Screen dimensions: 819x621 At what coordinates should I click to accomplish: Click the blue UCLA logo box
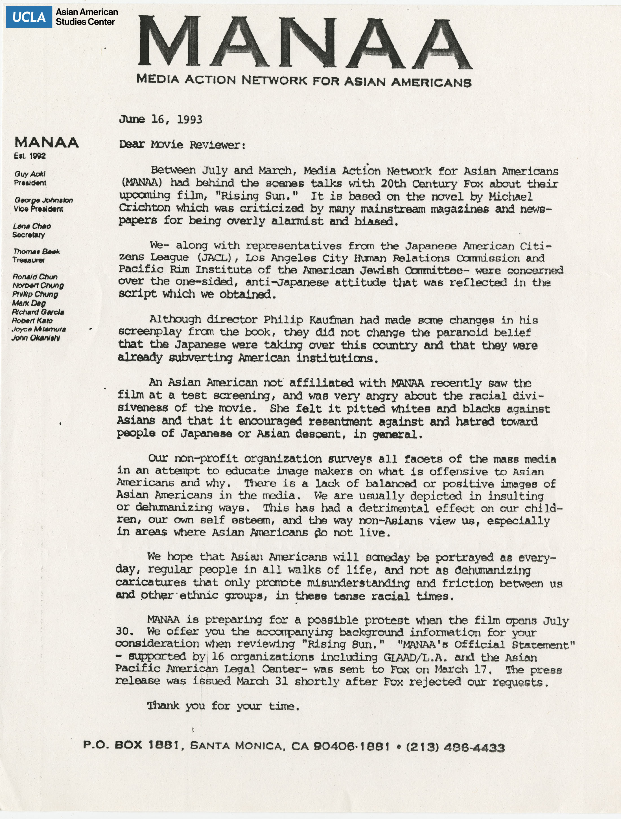pyautogui.click(x=29, y=17)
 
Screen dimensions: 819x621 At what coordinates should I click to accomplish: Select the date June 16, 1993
pyautogui.click(x=160, y=119)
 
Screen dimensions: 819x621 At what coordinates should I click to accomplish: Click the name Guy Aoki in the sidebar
pyautogui.click(x=30, y=174)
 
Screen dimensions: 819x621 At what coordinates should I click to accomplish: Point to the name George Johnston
pyautogui.click(x=43, y=200)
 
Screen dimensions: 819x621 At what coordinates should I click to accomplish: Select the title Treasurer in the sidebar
pyautogui.click(x=29, y=260)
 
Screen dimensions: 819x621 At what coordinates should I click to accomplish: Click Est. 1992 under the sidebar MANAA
pyautogui.click(x=30, y=156)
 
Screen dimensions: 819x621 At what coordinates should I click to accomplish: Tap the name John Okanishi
pyautogui.click(x=36, y=338)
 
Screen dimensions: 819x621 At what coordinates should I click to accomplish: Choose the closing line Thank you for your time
pyautogui.click(x=223, y=706)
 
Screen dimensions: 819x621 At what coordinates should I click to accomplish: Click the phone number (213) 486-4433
pyautogui.click(x=455, y=748)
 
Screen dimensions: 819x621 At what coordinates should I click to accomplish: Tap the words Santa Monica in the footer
pyautogui.click(x=237, y=746)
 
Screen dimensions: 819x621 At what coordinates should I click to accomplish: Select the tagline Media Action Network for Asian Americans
pyautogui.click(x=304, y=80)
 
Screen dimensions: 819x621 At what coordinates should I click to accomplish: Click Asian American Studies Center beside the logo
pyautogui.click(x=87, y=17)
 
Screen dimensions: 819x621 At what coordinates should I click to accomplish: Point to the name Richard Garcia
pyautogui.click(x=38, y=312)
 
